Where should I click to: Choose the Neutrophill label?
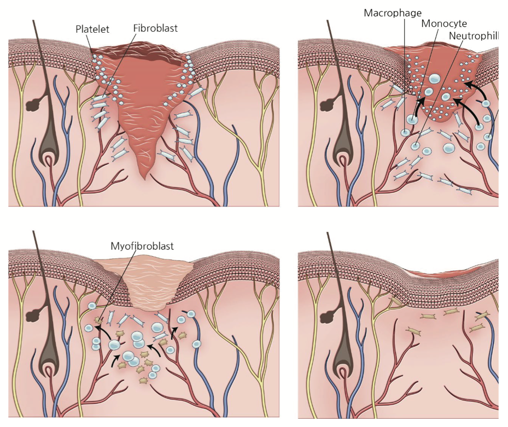coord(473,37)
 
